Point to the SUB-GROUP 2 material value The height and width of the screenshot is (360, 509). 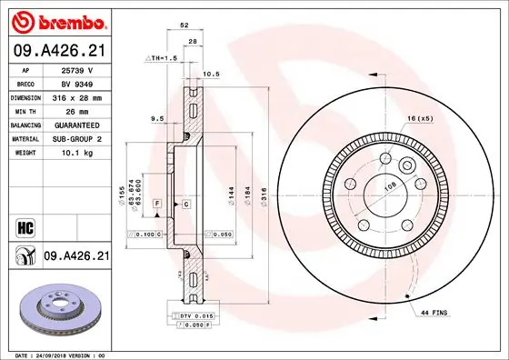(78, 138)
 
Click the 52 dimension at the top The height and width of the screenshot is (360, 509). (185, 27)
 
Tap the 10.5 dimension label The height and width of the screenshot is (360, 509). (212, 74)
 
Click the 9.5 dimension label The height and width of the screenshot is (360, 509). (157, 117)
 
